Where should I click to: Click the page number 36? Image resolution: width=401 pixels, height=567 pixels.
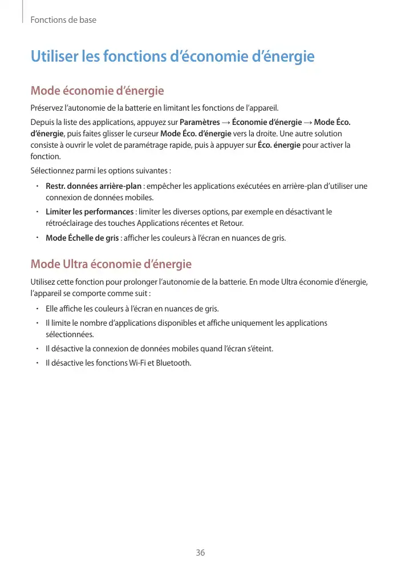coord(200,553)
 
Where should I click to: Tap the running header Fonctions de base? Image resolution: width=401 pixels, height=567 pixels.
coord(63,20)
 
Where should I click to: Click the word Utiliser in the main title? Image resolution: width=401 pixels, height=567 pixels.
coord(55,57)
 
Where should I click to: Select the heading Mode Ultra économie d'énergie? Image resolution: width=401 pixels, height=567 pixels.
coord(111,264)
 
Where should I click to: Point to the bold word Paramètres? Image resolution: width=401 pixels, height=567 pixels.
coord(200,121)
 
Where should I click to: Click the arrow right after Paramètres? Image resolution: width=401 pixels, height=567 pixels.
coord(226,121)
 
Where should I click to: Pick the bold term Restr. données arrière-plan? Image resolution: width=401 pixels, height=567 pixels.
coord(94,187)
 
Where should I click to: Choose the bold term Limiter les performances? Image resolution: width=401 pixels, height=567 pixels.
coord(90,212)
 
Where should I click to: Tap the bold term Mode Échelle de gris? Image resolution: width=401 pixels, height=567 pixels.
coord(82,237)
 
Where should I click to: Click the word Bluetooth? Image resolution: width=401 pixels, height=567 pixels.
coord(174,362)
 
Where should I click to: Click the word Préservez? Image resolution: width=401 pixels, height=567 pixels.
coord(47,108)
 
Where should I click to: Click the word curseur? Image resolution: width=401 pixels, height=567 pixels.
coord(146,133)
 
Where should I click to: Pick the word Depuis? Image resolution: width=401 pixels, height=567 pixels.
coord(42,121)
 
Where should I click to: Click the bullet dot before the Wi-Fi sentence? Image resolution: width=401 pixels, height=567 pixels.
coord(36,362)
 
